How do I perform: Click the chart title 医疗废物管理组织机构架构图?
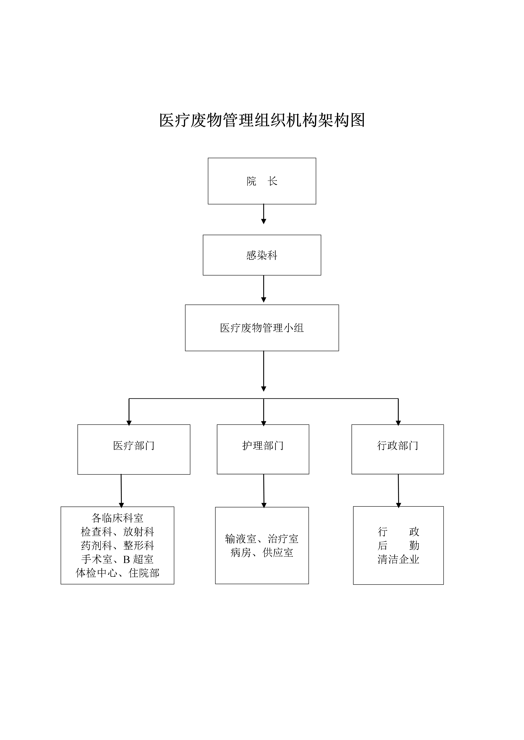coord(262,120)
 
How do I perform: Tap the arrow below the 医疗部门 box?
coord(121,491)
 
